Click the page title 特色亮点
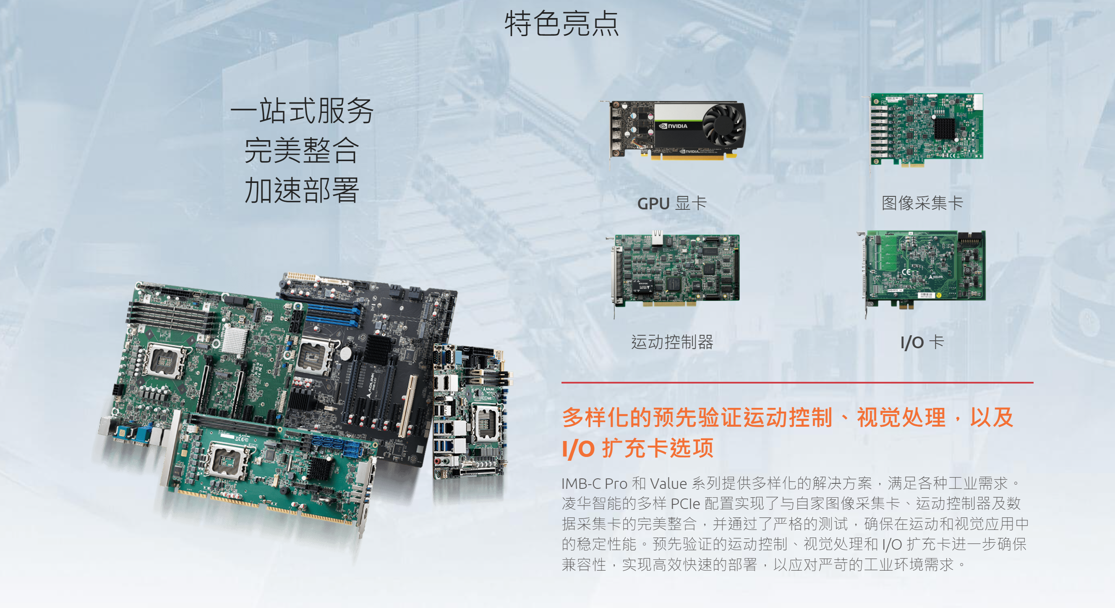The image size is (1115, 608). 561,24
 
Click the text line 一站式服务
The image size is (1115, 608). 302,111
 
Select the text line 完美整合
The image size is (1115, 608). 302,150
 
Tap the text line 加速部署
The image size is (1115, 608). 302,190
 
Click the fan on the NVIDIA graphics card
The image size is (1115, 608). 723,125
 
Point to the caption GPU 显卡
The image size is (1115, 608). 672,203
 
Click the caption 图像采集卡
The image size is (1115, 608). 922,203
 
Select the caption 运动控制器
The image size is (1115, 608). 672,342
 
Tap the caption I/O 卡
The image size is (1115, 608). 922,342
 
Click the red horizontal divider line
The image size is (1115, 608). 797,383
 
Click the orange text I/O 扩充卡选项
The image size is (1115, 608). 637,448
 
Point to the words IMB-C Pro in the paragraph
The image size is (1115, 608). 594,483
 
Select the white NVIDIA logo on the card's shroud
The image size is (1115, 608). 673,126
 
